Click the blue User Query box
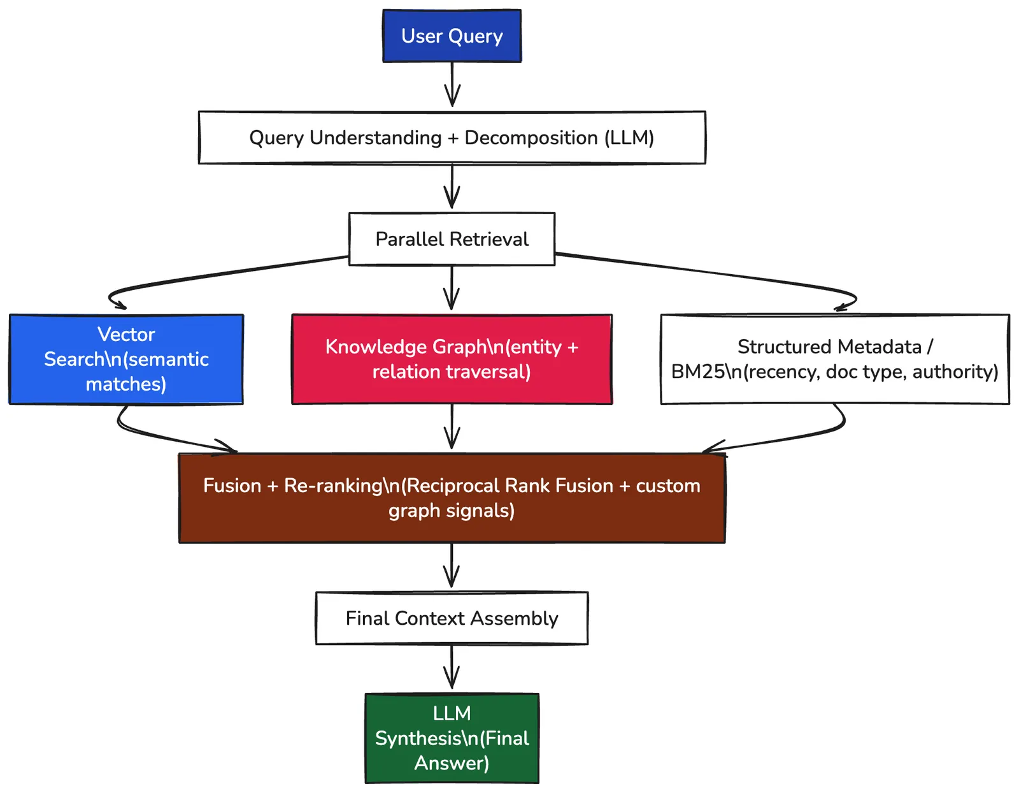[452, 36]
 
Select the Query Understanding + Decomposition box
[452, 138]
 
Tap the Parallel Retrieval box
[452, 239]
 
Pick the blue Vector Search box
[126, 359]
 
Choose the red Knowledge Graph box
[452, 359]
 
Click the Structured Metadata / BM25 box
[835, 359]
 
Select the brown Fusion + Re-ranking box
[452, 498]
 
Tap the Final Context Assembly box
[452, 618]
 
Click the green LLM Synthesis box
[452, 738]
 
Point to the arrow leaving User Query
[452, 84]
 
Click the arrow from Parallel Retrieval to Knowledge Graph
[452, 287]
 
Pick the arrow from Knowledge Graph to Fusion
[452, 426]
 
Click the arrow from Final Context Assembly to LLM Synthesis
[452, 667]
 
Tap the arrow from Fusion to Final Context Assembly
[452, 565]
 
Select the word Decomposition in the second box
[531, 138]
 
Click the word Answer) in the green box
[452, 763]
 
